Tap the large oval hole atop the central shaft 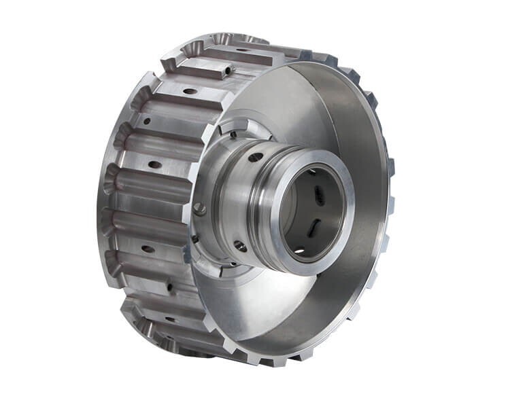pyautogui.click(x=256, y=157)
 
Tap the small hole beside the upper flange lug pyautogui.click(x=233, y=135)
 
